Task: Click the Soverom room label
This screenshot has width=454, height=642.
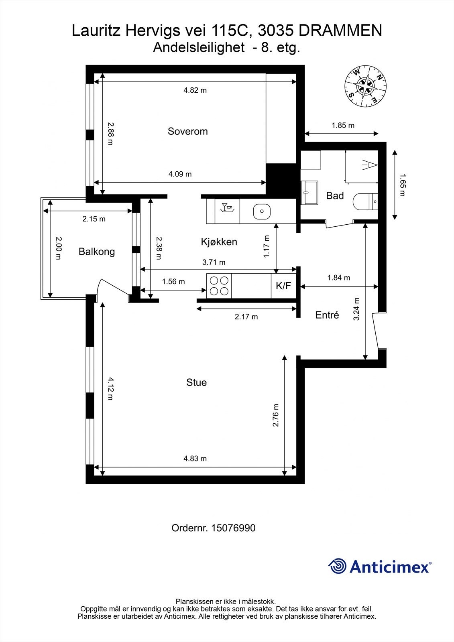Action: pyautogui.click(x=187, y=131)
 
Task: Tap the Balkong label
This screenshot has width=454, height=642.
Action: pyautogui.click(x=97, y=252)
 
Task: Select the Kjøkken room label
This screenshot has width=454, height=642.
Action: pyautogui.click(x=219, y=242)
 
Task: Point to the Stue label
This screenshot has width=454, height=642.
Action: pyautogui.click(x=196, y=382)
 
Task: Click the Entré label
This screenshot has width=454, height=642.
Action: pyautogui.click(x=327, y=315)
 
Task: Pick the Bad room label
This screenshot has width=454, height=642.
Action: pyautogui.click(x=335, y=196)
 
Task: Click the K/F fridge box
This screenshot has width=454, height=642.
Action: pyautogui.click(x=284, y=285)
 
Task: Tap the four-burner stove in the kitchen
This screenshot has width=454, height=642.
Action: pyautogui.click(x=219, y=286)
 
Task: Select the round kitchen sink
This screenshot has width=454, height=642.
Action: pyautogui.click(x=262, y=211)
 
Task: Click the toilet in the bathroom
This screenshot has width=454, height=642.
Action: pyautogui.click(x=365, y=202)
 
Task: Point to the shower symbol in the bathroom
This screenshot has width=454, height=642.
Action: pyautogui.click(x=369, y=165)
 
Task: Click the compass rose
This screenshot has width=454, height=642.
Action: pyautogui.click(x=365, y=86)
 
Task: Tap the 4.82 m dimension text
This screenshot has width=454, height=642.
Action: pyautogui.click(x=195, y=90)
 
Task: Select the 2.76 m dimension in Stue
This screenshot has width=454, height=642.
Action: pyautogui.click(x=276, y=415)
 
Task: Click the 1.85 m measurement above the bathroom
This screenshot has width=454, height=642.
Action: pyautogui.click(x=343, y=125)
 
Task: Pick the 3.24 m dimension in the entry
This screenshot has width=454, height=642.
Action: pyautogui.click(x=356, y=309)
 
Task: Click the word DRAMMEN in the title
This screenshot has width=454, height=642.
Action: pyautogui.click(x=340, y=30)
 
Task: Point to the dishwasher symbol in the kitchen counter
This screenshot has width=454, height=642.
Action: pyautogui.click(x=227, y=207)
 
